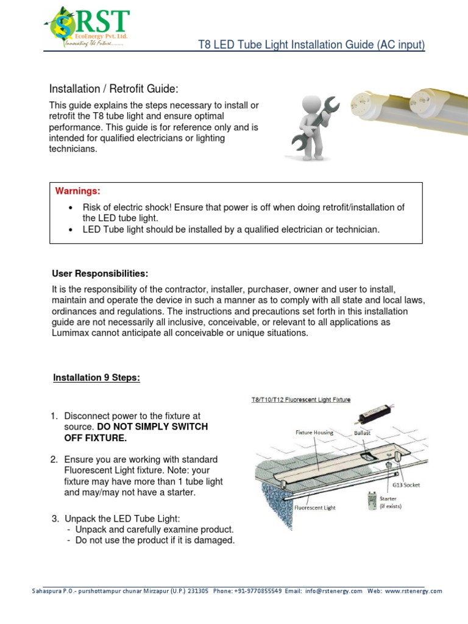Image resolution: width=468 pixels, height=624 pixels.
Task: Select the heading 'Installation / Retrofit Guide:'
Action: point(113,89)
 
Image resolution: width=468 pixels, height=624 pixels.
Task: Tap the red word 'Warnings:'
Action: point(78,191)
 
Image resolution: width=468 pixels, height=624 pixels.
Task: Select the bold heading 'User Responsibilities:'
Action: point(100,271)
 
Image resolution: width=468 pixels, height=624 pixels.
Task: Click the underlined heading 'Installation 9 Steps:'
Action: point(96,378)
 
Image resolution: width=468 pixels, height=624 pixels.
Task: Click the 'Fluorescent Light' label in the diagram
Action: point(316,506)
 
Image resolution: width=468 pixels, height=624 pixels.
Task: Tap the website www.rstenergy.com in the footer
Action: point(413,591)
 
